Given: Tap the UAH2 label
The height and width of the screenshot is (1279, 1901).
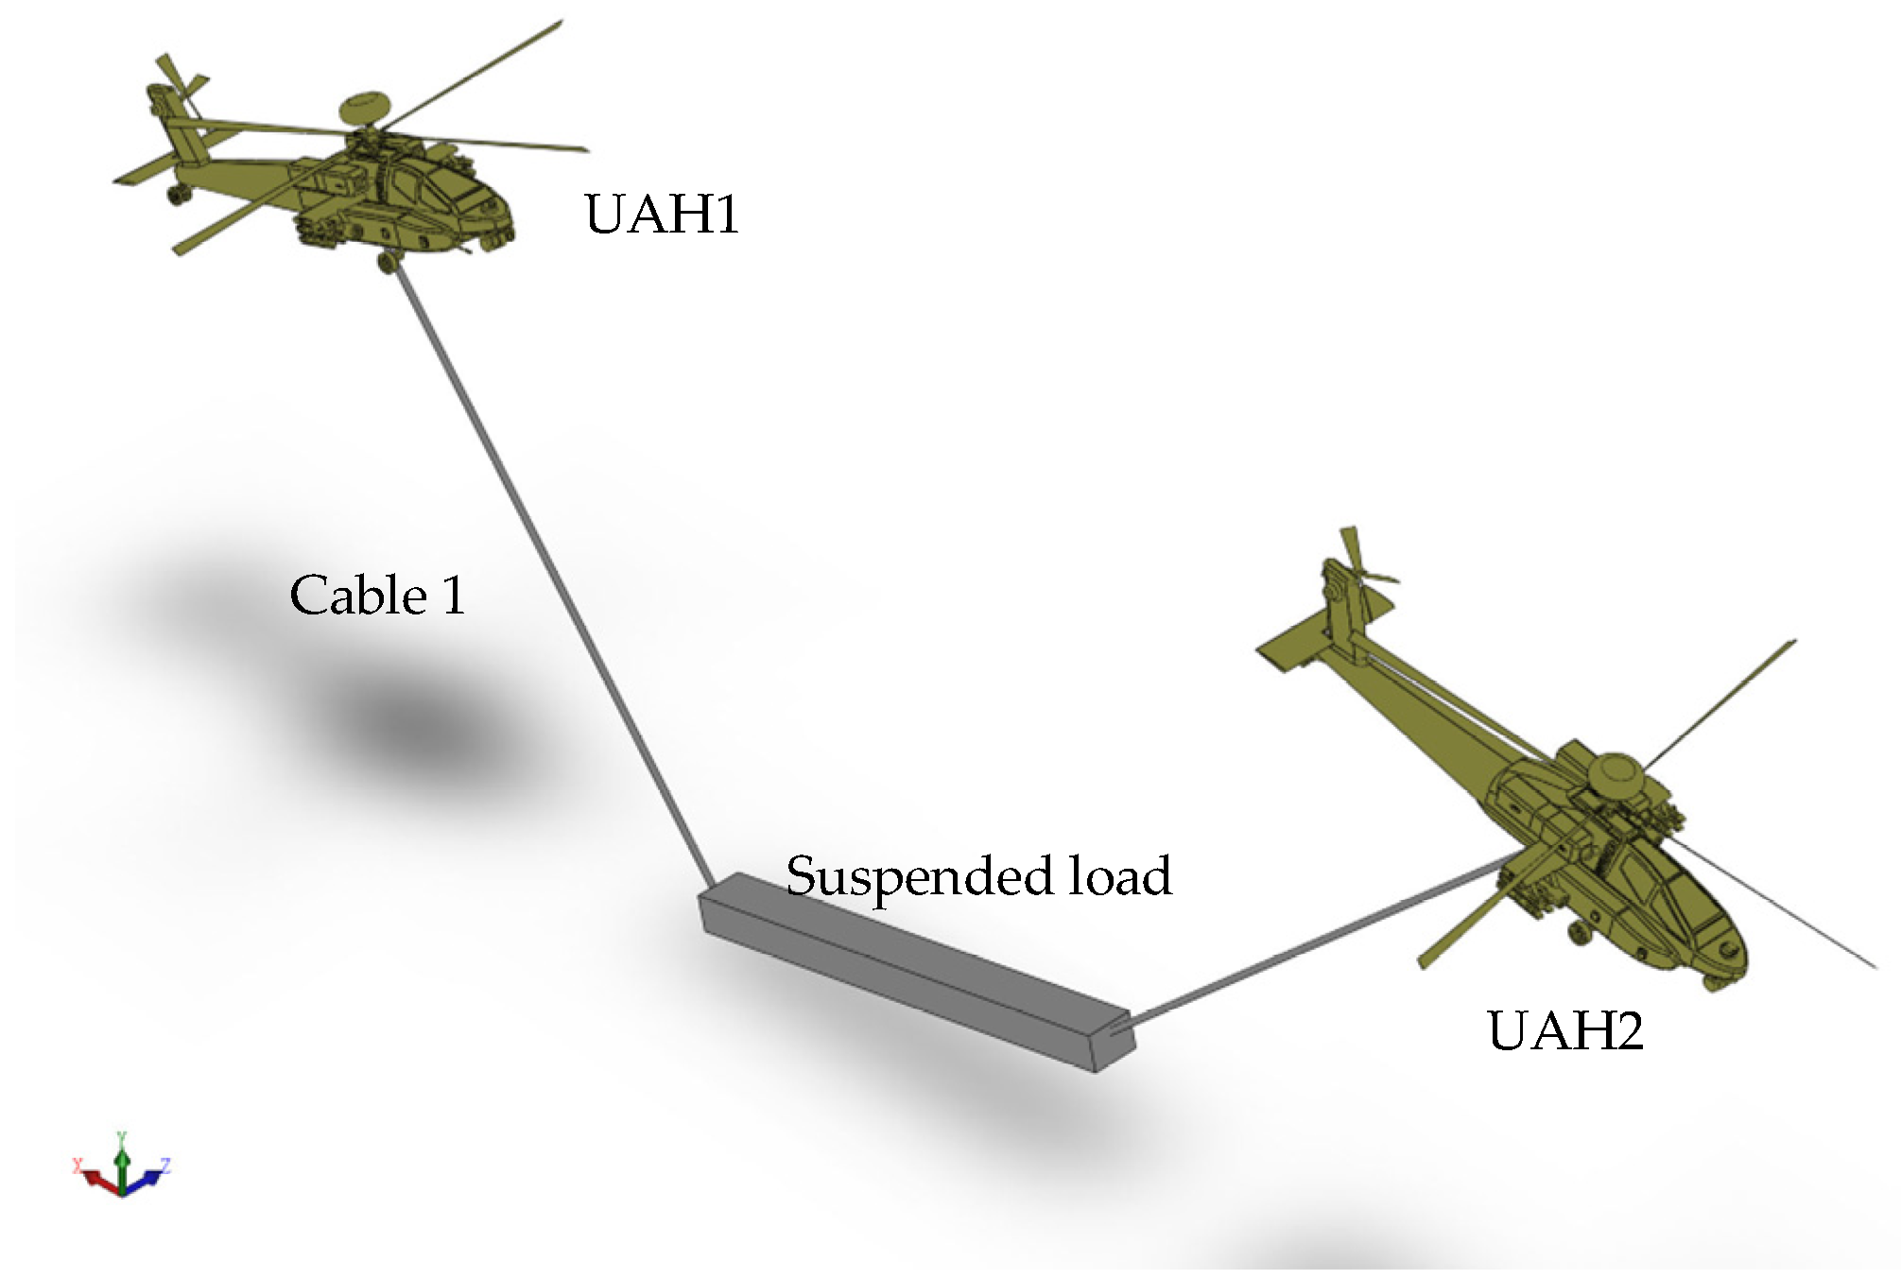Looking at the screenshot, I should (1564, 1029).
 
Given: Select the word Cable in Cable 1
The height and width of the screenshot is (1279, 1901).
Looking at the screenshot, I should (358, 596).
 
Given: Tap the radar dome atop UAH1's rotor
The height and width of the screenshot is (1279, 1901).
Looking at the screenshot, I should (365, 105).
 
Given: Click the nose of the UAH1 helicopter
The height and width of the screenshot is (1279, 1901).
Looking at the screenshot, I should (506, 227).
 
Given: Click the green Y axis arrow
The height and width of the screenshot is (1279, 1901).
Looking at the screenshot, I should (121, 1158).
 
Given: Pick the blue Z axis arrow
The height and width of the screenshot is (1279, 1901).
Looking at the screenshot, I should (149, 1176).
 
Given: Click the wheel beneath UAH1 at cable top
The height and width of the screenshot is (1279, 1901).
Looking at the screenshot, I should (387, 261).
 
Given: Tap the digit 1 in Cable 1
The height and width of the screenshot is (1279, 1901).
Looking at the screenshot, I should (455, 596).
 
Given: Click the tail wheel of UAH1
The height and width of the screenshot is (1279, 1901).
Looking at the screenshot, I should (175, 195).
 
